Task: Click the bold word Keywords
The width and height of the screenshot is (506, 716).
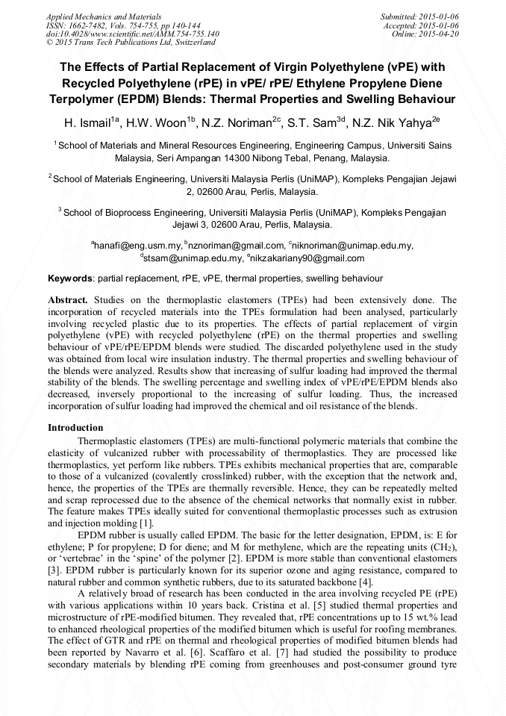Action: tap(71, 278)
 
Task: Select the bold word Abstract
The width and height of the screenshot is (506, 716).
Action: tap(68, 299)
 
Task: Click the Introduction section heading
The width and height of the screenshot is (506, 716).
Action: tap(75, 428)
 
